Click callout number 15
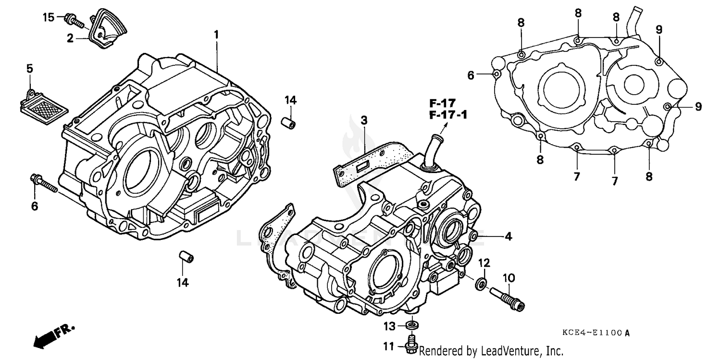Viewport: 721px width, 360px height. (49, 18)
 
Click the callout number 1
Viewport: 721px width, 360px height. (216, 34)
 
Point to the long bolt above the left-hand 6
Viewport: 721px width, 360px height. (44, 184)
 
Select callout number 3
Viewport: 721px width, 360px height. (364, 120)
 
